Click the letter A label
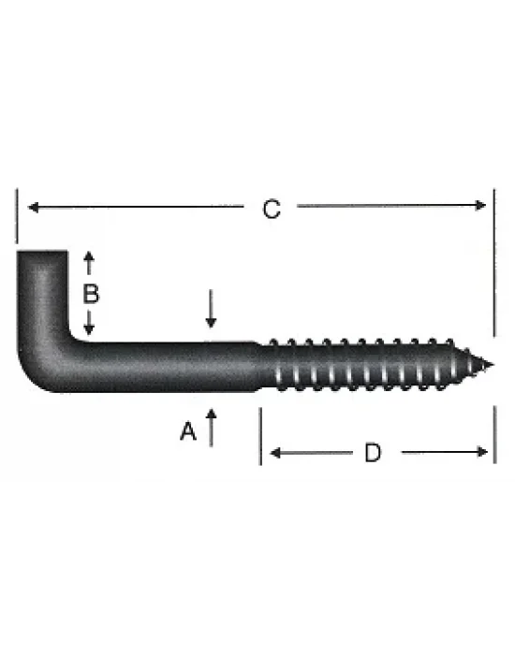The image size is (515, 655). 187,431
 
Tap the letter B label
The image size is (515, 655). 90,293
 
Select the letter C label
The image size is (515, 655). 271,210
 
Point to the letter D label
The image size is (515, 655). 373,454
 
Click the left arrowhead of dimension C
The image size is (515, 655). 31,208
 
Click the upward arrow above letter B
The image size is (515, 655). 90,257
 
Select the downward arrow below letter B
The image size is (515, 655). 90,327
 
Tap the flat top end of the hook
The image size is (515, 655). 43,251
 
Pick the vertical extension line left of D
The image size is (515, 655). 259,435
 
